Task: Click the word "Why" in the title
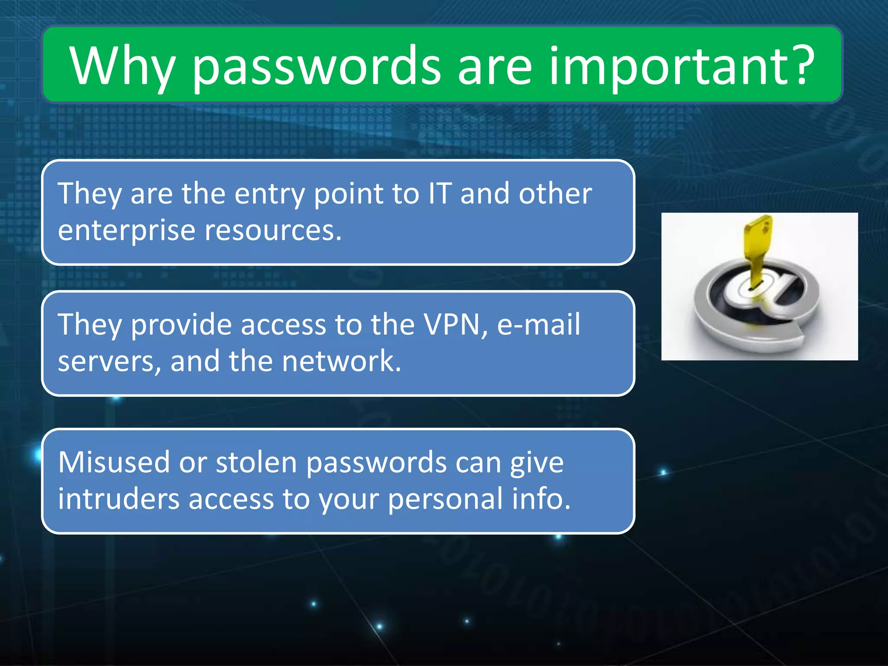(x=122, y=66)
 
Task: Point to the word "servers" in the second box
(x=106, y=362)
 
